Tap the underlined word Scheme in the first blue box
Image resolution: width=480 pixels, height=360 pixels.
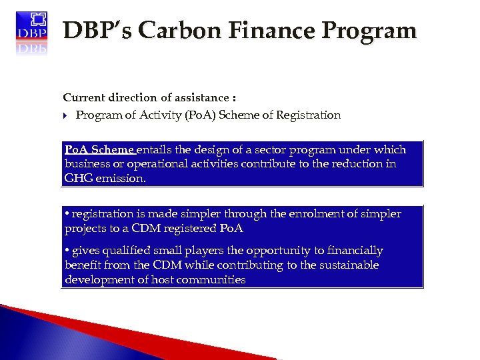coord(112,149)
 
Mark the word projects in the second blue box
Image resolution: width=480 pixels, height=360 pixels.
coord(87,229)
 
